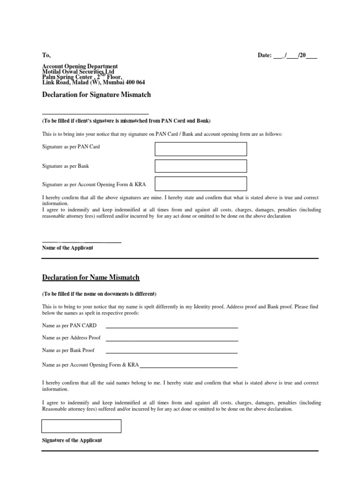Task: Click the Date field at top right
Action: [x=287, y=55]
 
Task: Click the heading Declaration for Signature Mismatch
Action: [x=97, y=94]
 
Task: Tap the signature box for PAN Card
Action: [x=201, y=149]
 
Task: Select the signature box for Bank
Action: [x=201, y=166]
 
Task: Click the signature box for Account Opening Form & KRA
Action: [x=201, y=183]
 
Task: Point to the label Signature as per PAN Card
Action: [x=71, y=147]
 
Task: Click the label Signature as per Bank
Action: [x=66, y=166]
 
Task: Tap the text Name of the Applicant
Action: [x=67, y=247]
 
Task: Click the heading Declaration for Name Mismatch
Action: [x=91, y=277]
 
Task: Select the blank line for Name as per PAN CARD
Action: [x=172, y=326]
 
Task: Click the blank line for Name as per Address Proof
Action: [x=172, y=339]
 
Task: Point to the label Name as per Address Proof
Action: [x=71, y=337]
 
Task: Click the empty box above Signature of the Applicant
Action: [x=82, y=426]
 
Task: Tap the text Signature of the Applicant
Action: [x=72, y=441]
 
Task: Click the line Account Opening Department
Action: [x=80, y=67]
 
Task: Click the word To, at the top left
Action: [x=46, y=55]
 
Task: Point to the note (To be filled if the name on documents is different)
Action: [x=99, y=294]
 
